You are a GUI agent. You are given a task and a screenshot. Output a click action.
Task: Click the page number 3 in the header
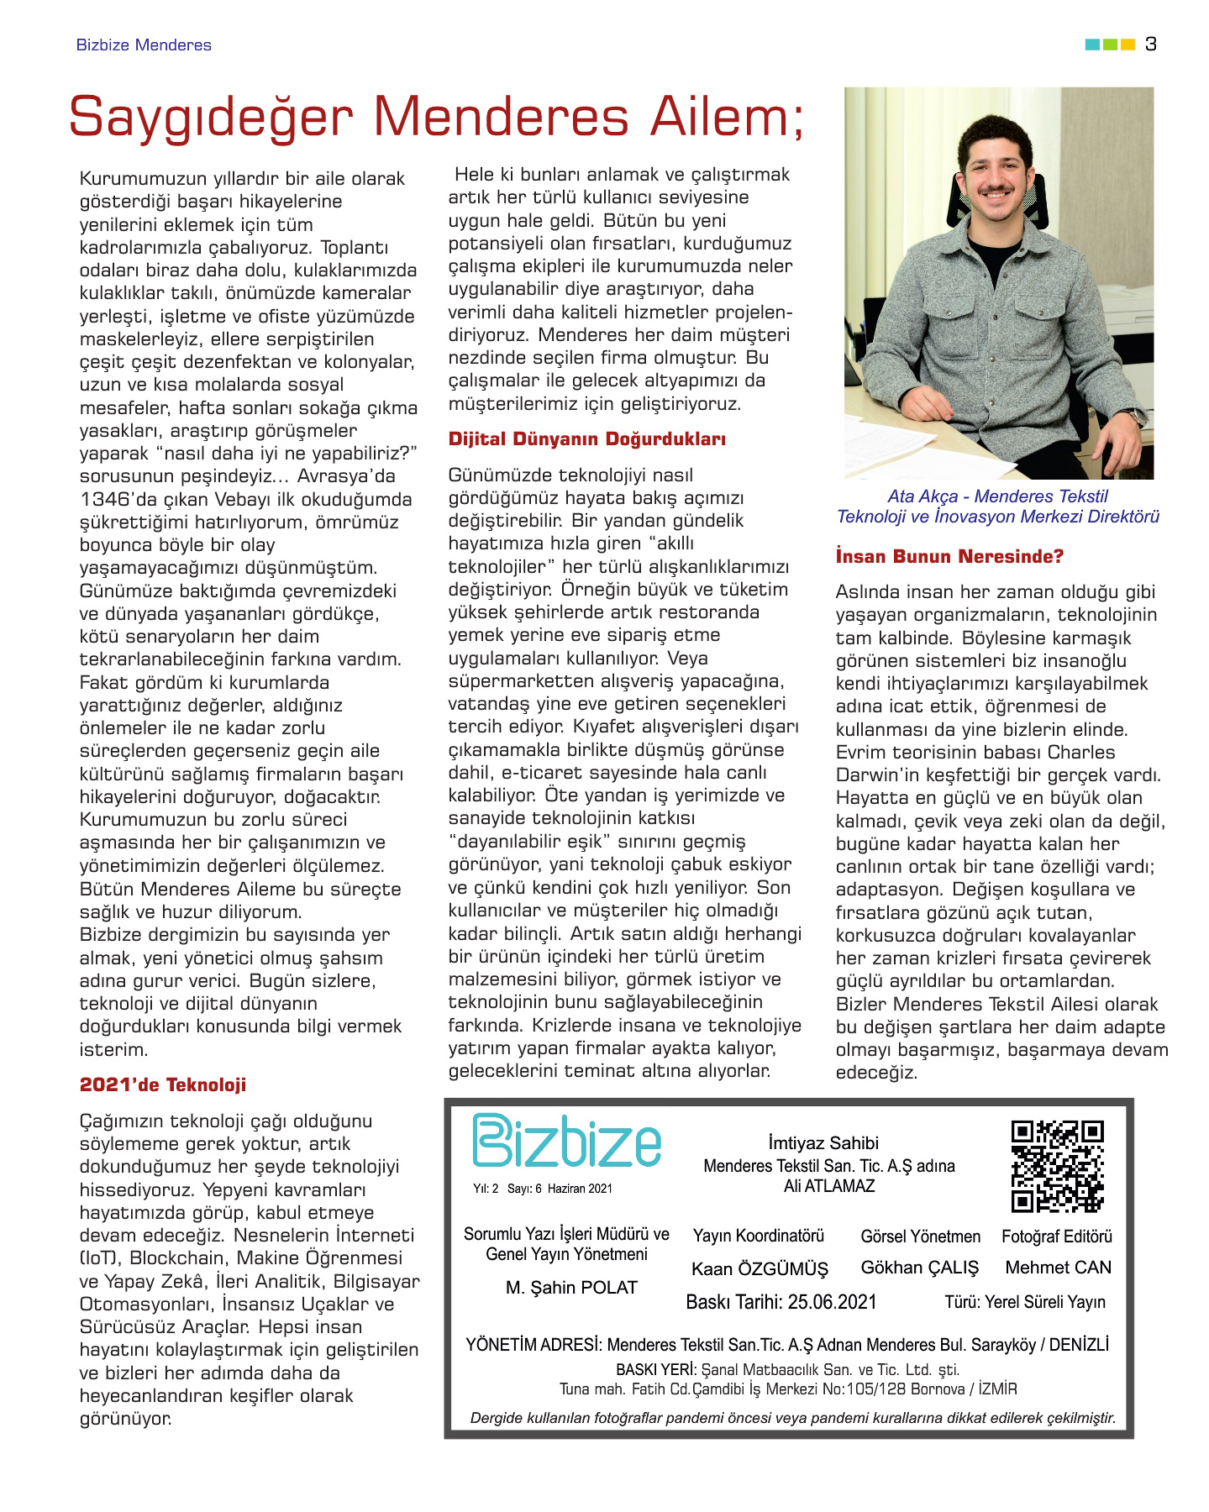point(1151,45)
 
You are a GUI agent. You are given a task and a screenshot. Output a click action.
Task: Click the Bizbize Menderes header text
point(144,45)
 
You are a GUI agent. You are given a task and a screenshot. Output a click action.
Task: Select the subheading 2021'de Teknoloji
point(163,1084)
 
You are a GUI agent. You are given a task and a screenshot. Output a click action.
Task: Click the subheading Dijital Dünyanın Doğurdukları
point(586,438)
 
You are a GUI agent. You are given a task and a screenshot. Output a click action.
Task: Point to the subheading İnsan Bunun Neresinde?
point(949,556)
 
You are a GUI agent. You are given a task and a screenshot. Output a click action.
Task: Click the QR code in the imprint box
point(1057,1166)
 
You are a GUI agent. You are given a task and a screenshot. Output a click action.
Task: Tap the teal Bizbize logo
point(567,1141)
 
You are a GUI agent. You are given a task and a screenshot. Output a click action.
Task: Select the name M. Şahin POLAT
point(571,1288)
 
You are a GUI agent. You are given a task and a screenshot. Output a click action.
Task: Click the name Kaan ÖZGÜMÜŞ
point(760,1268)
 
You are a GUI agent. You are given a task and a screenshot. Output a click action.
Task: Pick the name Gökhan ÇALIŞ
point(920,1268)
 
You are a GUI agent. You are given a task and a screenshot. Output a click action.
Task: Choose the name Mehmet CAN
point(1058,1268)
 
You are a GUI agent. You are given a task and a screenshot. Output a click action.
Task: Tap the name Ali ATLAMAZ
point(829,1186)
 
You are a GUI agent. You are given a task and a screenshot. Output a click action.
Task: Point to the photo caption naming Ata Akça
point(997,507)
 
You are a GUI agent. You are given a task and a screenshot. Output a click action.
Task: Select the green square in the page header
point(1110,45)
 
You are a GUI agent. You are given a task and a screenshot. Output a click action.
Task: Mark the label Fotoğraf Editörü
point(1057,1236)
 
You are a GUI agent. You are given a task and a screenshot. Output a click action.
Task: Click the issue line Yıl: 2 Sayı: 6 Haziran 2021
point(543,1189)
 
